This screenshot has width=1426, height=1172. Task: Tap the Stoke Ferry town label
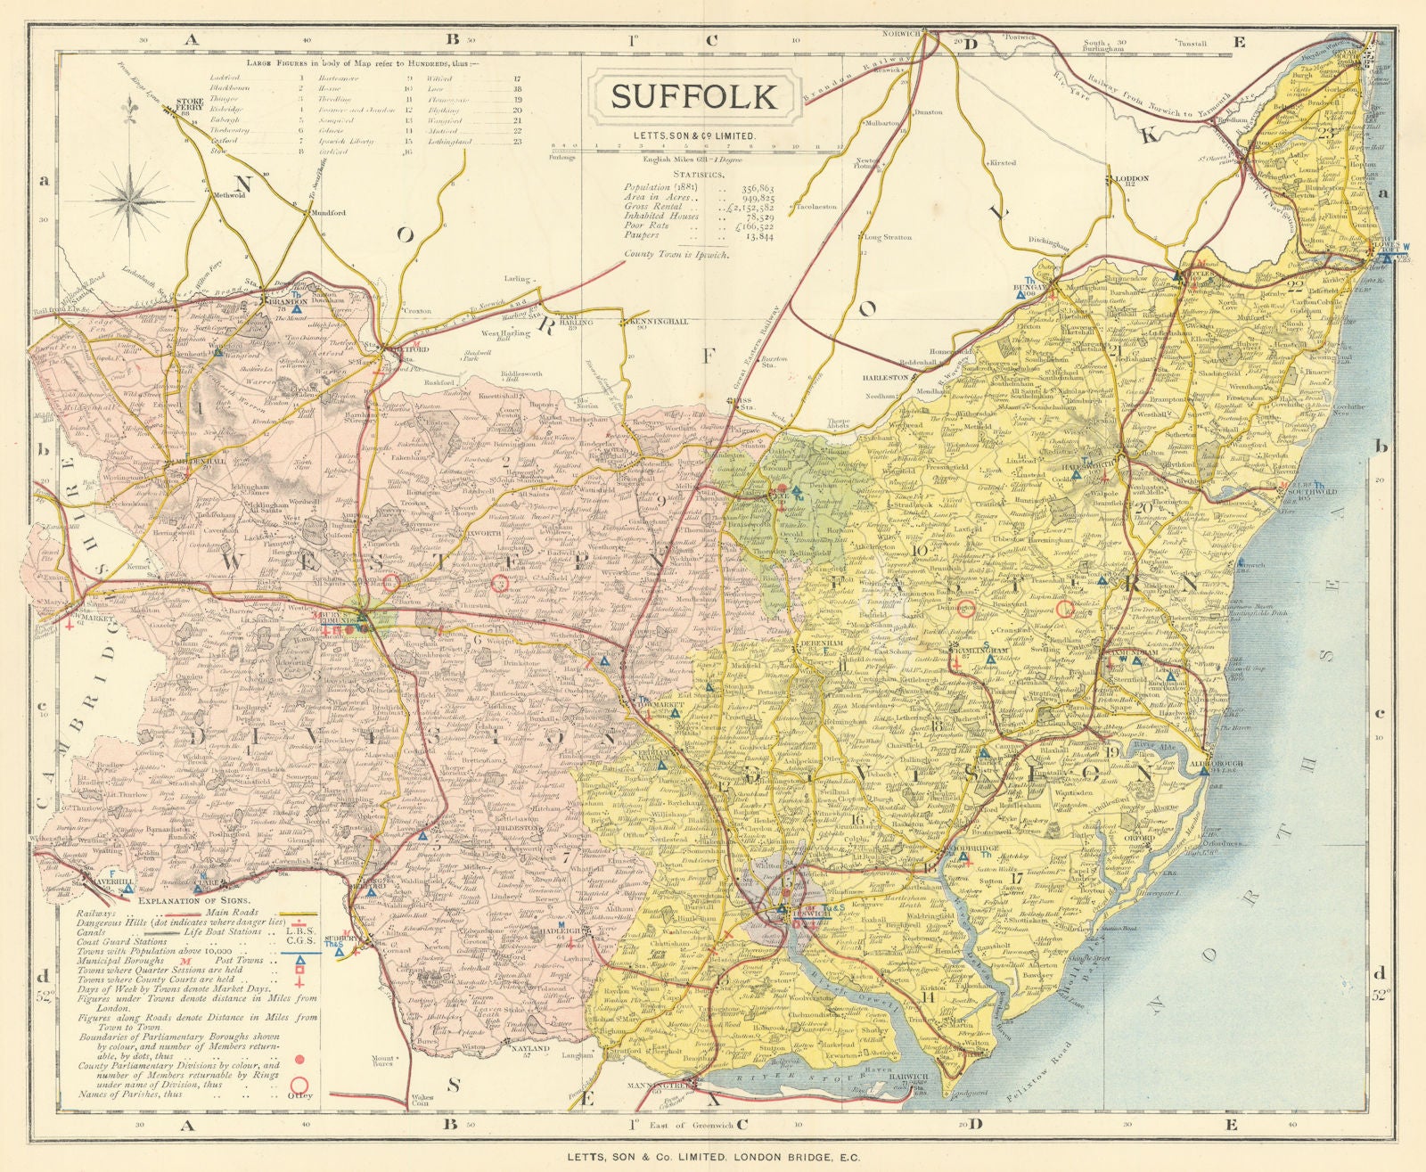pos(191,106)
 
